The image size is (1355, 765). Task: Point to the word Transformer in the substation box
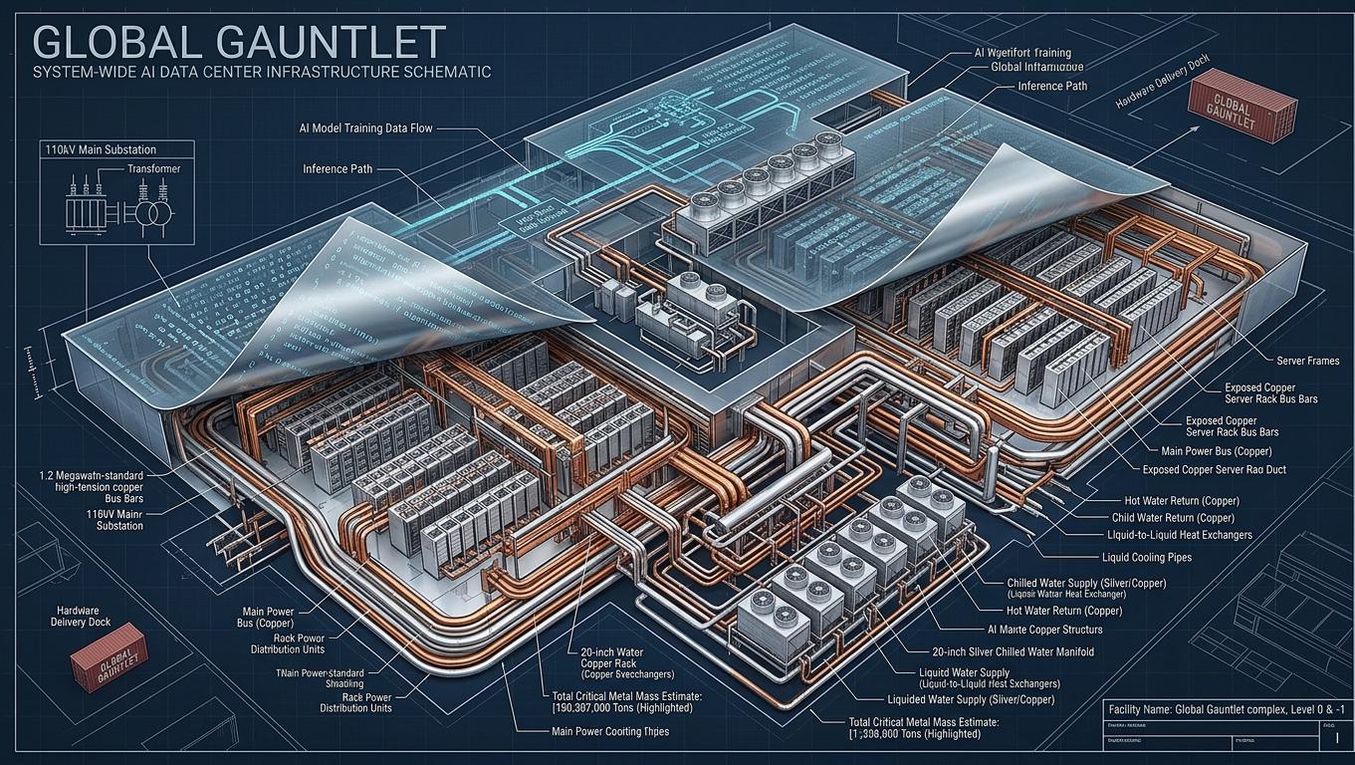click(153, 169)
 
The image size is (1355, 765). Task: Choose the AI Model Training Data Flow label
click(372, 128)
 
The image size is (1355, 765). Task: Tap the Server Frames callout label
click(1307, 361)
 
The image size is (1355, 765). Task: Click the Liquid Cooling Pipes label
click(1147, 557)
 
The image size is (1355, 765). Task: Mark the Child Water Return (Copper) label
click(1173, 518)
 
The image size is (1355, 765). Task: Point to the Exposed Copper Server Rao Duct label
click(1214, 468)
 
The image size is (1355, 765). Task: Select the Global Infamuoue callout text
click(1036, 67)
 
